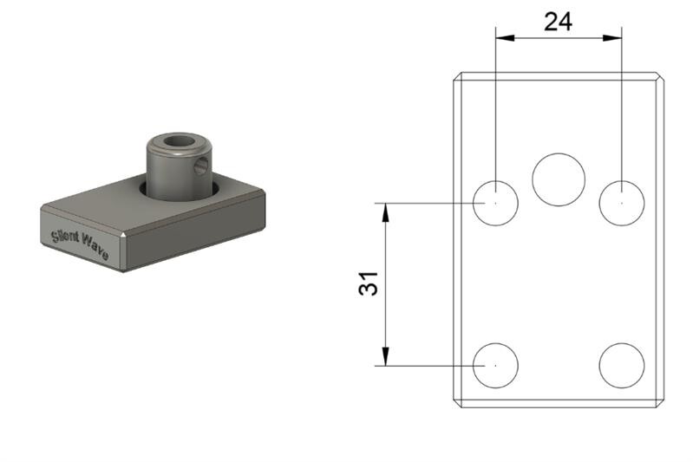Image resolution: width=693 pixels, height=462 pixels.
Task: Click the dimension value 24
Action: pos(559,22)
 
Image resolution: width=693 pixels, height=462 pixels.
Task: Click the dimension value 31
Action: pos(369,283)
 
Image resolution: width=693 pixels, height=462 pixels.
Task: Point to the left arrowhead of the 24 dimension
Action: pos(505,38)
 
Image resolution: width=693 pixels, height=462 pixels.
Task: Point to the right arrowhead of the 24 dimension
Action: pos(612,38)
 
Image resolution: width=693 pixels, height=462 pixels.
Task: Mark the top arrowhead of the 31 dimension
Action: pos(386,212)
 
